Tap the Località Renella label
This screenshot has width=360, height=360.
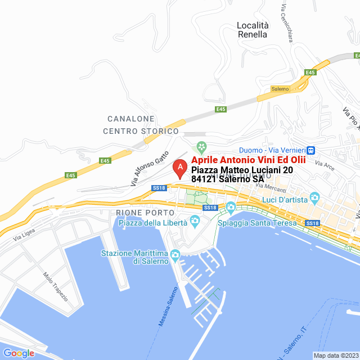pyautogui.click(x=252, y=30)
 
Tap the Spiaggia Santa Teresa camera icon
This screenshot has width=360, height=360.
pyautogui.click(x=231, y=209)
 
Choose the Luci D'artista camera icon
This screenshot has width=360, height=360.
pyautogui.click(x=314, y=197)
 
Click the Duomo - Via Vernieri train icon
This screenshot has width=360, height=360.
pyautogui.click(x=310, y=150)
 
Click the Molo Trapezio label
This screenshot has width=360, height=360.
pyautogui.click(x=55, y=286)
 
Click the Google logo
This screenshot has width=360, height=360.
pyautogui.click(x=19, y=353)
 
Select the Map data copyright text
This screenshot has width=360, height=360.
pyautogui.click(x=335, y=355)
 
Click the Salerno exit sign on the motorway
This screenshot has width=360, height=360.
pyautogui.click(x=280, y=89)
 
